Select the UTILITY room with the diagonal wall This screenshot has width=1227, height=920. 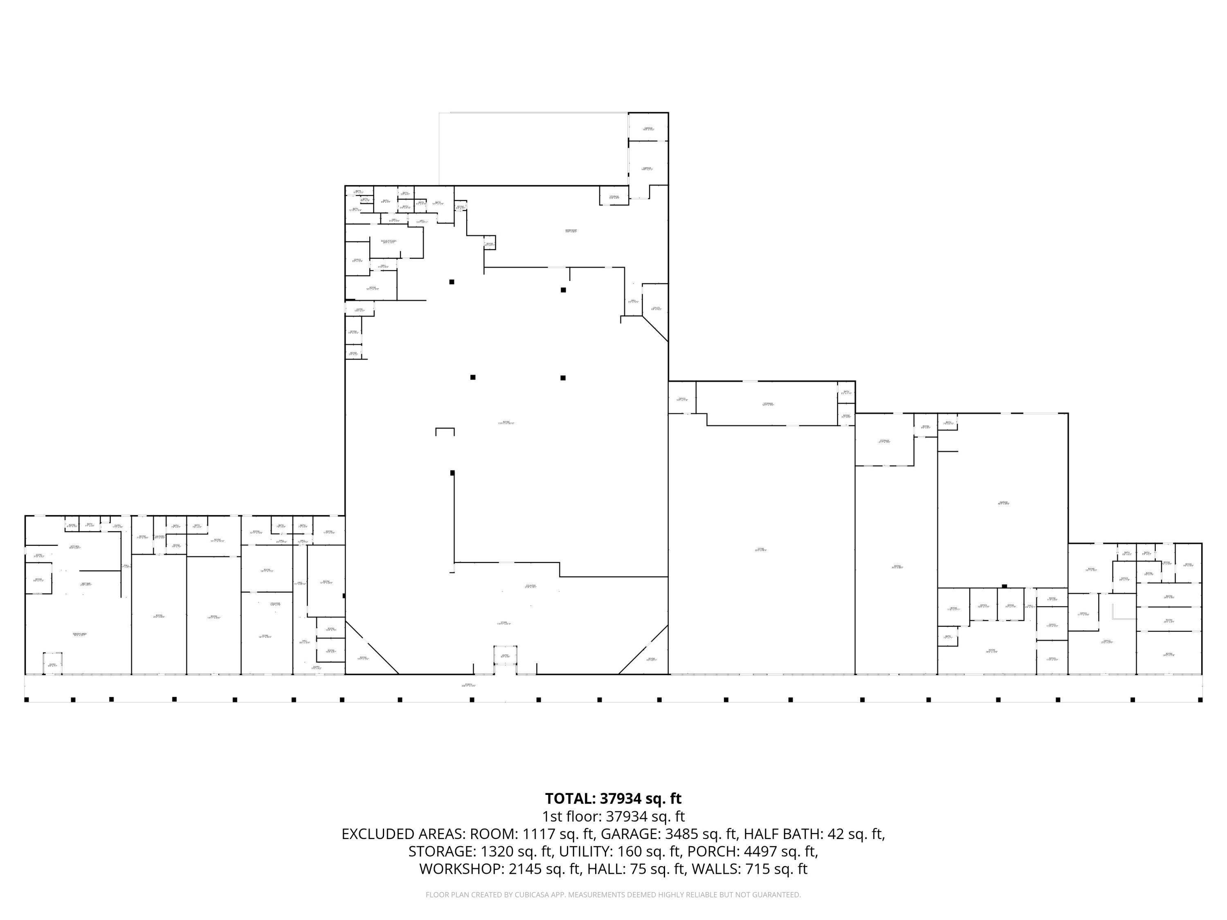656,308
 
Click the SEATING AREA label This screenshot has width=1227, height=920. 79,635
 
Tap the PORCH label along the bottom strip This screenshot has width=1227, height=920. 469,685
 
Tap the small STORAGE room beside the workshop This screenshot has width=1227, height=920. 613,196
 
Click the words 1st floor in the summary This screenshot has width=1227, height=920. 571,816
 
